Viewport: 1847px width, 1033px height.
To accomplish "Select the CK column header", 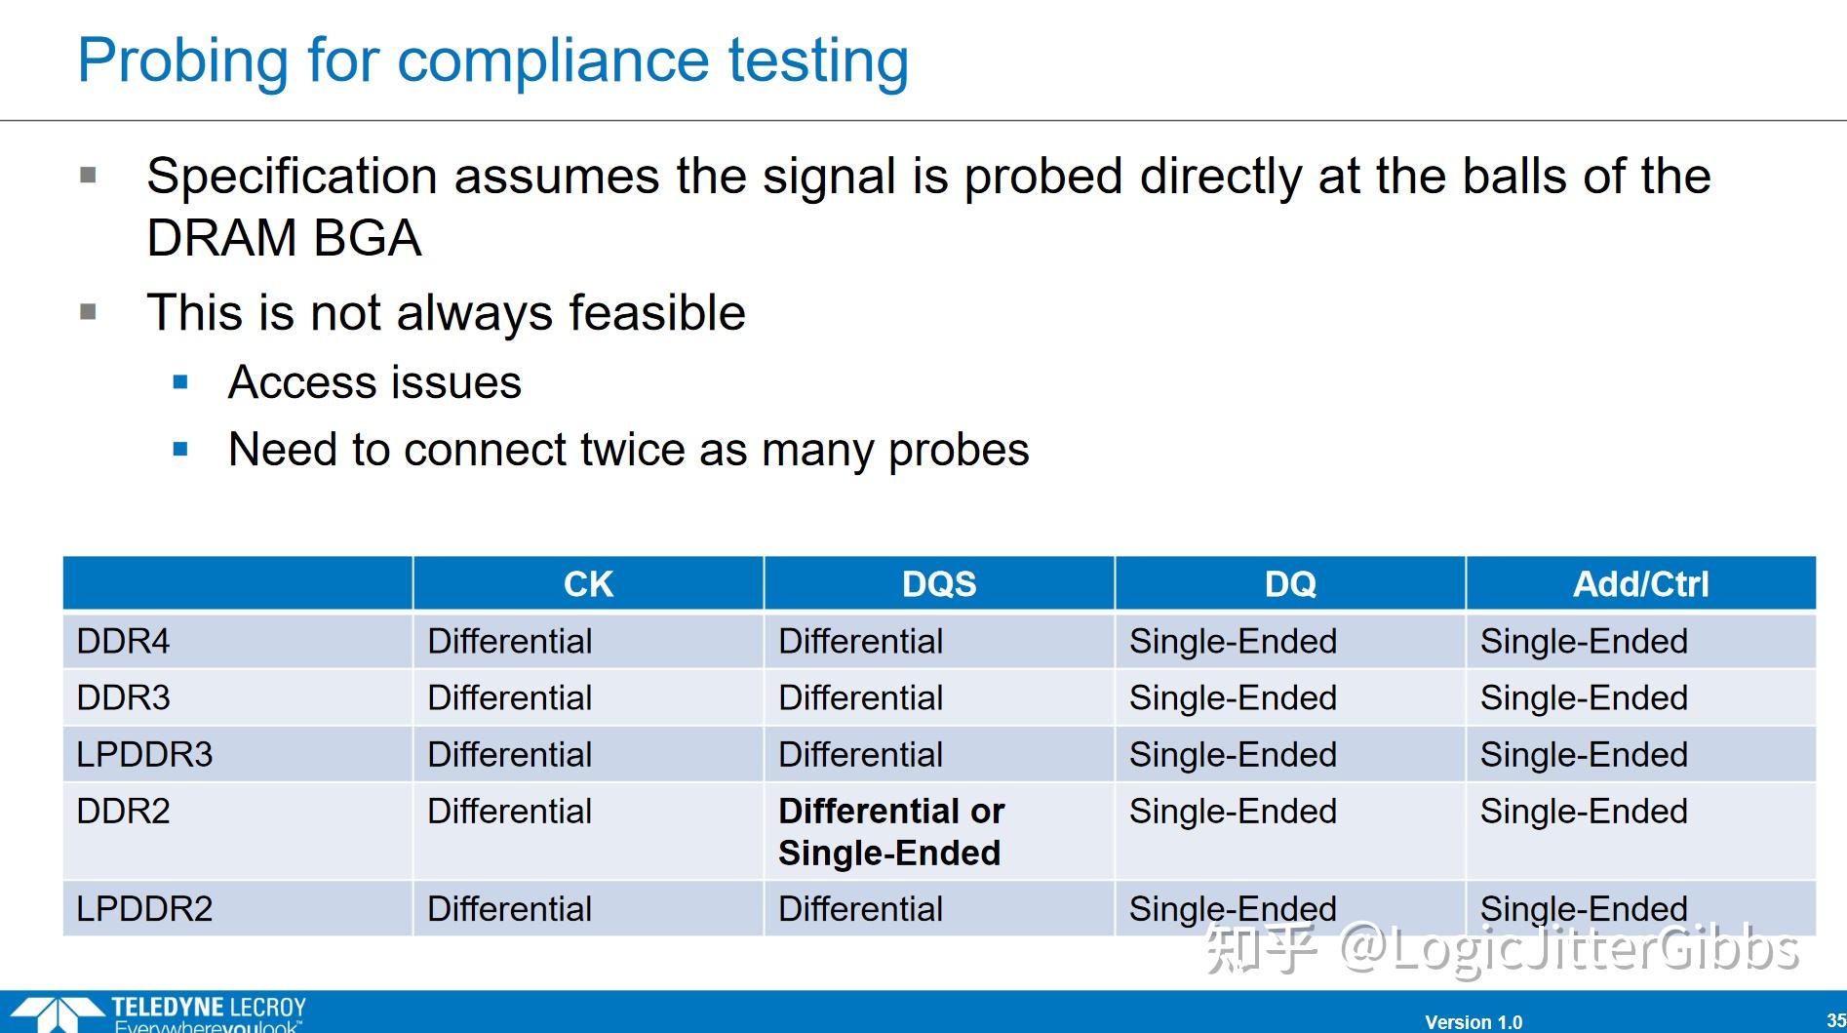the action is pyautogui.click(x=588, y=584).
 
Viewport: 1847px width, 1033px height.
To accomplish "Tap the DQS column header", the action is pyautogui.click(x=939, y=584).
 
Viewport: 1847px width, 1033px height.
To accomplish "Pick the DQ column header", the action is pyautogui.click(x=1290, y=584).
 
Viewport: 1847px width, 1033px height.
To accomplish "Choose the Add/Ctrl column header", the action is pyautogui.click(x=1641, y=584).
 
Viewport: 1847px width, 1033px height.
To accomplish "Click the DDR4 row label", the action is pyautogui.click(x=123, y=641).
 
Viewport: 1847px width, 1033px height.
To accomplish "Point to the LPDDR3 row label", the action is pyautogui.click(x=144, y=754).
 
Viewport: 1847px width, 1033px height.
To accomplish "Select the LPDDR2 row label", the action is pyautogui.click(x=144, y=908).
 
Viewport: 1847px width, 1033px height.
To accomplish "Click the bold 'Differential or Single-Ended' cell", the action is pyautogui.click(x=891, y=831).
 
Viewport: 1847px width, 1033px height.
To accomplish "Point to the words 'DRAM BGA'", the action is pyautogui.click(x=284, y=237).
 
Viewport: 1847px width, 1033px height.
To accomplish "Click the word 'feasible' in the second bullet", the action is pyautogui.click(x=657, y=312).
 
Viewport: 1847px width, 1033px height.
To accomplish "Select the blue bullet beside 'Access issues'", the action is pyautogui.click(x=180, y=382).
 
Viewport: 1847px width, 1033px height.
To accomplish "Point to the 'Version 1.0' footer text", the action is pyautogui.click(x=1474, y=1022).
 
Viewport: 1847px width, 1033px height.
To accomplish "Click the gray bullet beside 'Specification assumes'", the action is pyautogui.click(x=89, y=176).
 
